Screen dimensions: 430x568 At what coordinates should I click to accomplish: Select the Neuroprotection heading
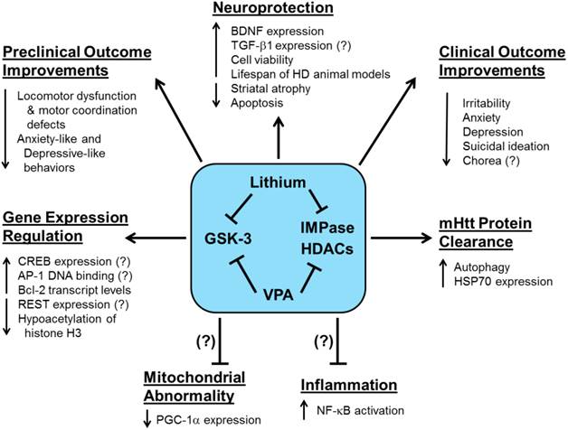283,11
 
